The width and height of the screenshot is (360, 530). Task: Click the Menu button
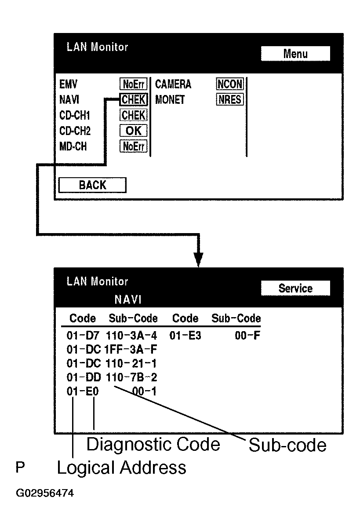(x=295, y=54)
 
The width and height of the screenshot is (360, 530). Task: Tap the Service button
(x=295, y=288)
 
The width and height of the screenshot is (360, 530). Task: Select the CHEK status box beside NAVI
(x=133, y=100)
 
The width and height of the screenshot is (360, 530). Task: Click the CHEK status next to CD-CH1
(x=133, y=115)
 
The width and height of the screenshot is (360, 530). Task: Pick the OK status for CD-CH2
(x=133, y=131)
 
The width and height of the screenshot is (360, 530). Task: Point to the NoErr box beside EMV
(x=133, y=84)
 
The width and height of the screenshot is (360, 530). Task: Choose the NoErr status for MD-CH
(x=133, y=146)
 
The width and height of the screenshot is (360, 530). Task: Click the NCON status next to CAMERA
(x=230, y=84)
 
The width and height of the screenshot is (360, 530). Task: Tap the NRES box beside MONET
(x=230, y=100)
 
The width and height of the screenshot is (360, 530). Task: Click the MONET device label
(x=170, y=100)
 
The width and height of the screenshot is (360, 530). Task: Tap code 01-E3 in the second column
(x=185, y=336)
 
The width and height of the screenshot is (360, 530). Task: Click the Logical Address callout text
(x=121, y=468)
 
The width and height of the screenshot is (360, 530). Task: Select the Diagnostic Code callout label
(x=153, y=445)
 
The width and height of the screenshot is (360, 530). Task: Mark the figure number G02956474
(x=45, y=493)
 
